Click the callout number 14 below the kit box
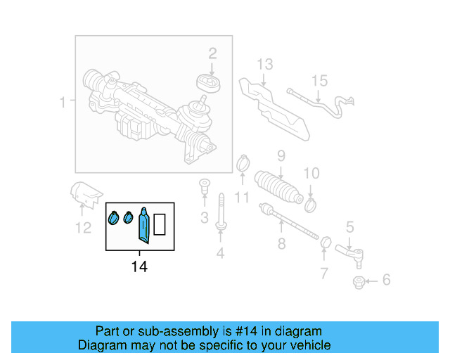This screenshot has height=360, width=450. (x=139, y=266)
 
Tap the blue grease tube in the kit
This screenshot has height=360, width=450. (x=144, y=224)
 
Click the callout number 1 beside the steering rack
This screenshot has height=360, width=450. (x=63, y=103)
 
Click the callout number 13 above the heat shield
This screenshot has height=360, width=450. (x=264, y=65)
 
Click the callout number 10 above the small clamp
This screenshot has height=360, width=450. (x=311, y=173)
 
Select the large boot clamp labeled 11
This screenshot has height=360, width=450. (x=243, y=164)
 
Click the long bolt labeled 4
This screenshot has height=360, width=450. (x=221, y=211)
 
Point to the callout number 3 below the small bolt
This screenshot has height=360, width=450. (x=204, y=218)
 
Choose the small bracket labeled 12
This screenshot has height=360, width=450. (x=86, y=192)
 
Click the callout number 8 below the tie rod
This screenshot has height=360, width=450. (x=281, y=244)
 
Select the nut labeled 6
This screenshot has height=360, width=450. (x=359, y=282)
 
